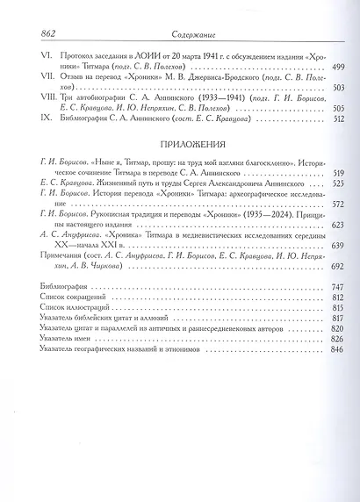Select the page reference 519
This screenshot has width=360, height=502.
coord(336,173)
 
